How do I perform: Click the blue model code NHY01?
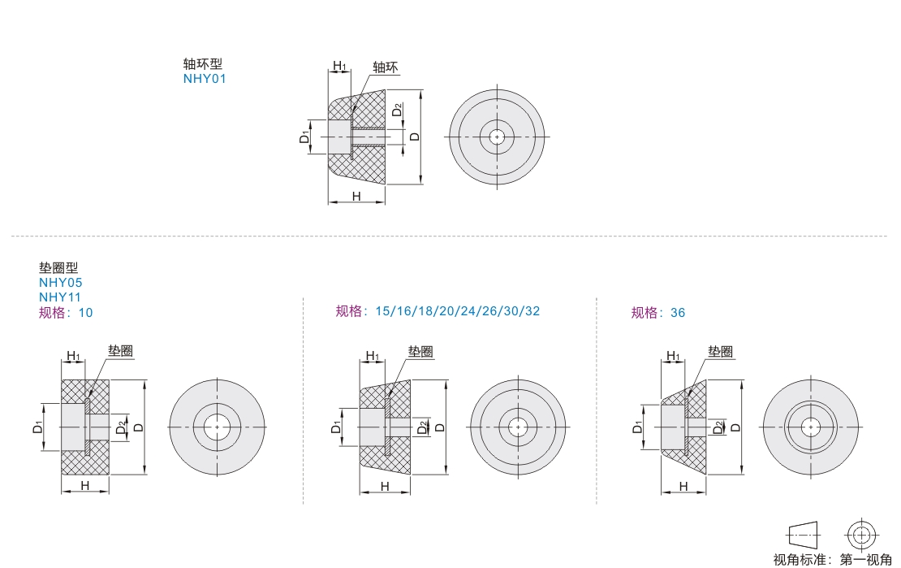[205, 79]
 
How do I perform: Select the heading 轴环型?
[202, 64]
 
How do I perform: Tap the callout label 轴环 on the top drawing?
[385, 67]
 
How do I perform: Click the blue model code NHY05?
[60, 283]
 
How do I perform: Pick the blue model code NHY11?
[60, 297]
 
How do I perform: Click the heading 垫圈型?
[58, 267]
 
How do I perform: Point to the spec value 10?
[85, 313]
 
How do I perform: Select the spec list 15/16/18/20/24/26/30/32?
[457, 311]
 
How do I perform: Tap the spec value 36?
[678, 313]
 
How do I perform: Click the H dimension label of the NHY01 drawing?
[356, 196]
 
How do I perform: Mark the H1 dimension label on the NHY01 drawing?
[339, 66]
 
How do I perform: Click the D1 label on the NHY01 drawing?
[304, 137]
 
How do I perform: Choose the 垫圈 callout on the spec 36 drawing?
[720, 352]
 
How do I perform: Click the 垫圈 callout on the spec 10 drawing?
[121, 351]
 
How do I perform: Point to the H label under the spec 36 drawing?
[683, 486]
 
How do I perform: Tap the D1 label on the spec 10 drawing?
[37, 427]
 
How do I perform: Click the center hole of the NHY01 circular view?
[497, 137]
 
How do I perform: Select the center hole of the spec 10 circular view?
[218, 427]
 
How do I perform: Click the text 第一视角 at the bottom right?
[865, 559]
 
